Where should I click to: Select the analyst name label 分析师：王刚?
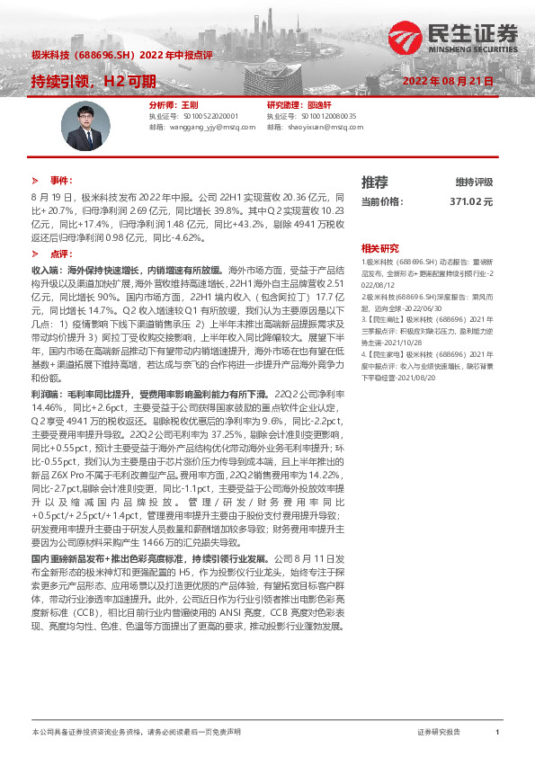click(x=168, y=105)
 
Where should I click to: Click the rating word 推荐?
click(x=374, y=182)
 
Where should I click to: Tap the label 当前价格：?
click(x=379, y=202)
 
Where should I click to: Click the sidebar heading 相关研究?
click(x=379, y=247)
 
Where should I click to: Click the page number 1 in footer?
click(x=496, y=734)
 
